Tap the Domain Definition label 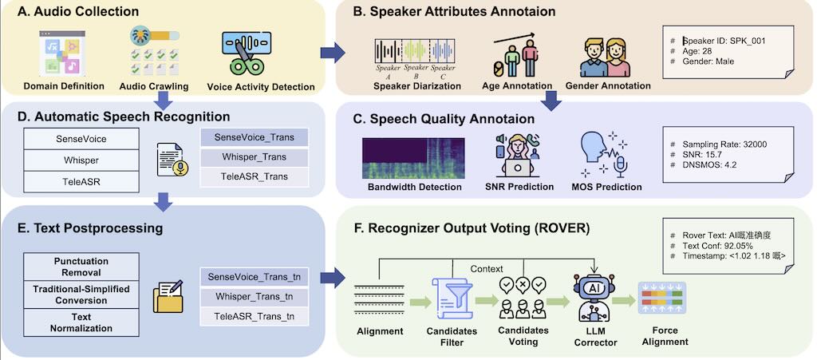[x=64, y=86]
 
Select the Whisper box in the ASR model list [x=81, y=160]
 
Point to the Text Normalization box [x=81, y=321]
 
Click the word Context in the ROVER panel [x=486, y=268]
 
